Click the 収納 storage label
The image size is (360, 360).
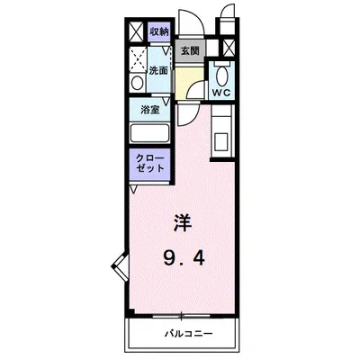coord(158,31)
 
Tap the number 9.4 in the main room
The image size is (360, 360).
coord(184,259)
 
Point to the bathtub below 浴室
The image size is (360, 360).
coord(151,133)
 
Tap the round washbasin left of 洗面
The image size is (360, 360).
coord(137,82)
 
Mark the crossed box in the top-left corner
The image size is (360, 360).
coord(136,31)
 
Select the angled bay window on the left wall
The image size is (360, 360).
coord(118,266)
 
